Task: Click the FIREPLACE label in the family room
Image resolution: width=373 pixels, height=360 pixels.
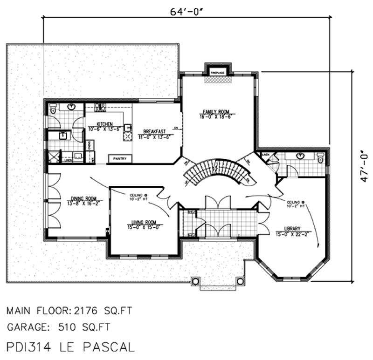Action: [x=217, y=73]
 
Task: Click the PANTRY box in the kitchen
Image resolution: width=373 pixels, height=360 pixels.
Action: [x=119, y=159]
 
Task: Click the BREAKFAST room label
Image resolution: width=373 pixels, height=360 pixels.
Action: [x=153, y=132]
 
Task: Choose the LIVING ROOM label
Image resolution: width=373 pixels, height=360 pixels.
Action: [x=144, y=222]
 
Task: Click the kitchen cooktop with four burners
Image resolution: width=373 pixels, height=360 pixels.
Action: [x=126, y=136]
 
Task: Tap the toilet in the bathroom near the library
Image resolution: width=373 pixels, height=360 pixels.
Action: [x=320, y=160]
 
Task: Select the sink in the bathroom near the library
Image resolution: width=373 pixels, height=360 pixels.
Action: [x=299, y=157]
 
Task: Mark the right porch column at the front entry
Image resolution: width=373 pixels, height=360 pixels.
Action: [x=240, y=281]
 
